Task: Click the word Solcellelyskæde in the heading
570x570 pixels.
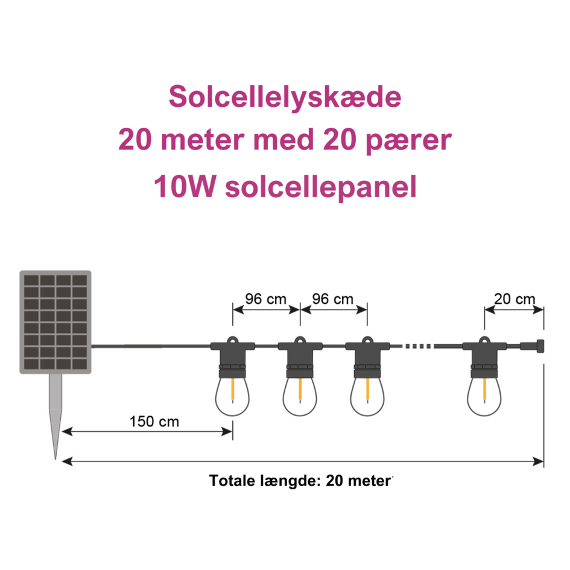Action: point(285,97)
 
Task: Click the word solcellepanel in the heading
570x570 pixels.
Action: point(320,188)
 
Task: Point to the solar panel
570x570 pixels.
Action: point(55,322)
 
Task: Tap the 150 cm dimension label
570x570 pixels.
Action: point(154,421)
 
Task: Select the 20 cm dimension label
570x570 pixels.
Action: point(515,299)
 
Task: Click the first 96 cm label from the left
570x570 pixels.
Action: point(266,299)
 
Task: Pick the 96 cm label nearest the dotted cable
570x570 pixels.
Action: point(333,299)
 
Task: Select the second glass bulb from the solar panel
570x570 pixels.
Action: point(300,395)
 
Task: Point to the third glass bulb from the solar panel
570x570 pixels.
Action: point(367,395)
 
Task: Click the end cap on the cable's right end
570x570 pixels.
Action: point(538,346)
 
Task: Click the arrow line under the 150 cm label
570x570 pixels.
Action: point(148,431)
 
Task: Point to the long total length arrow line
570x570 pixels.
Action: point(302,461)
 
